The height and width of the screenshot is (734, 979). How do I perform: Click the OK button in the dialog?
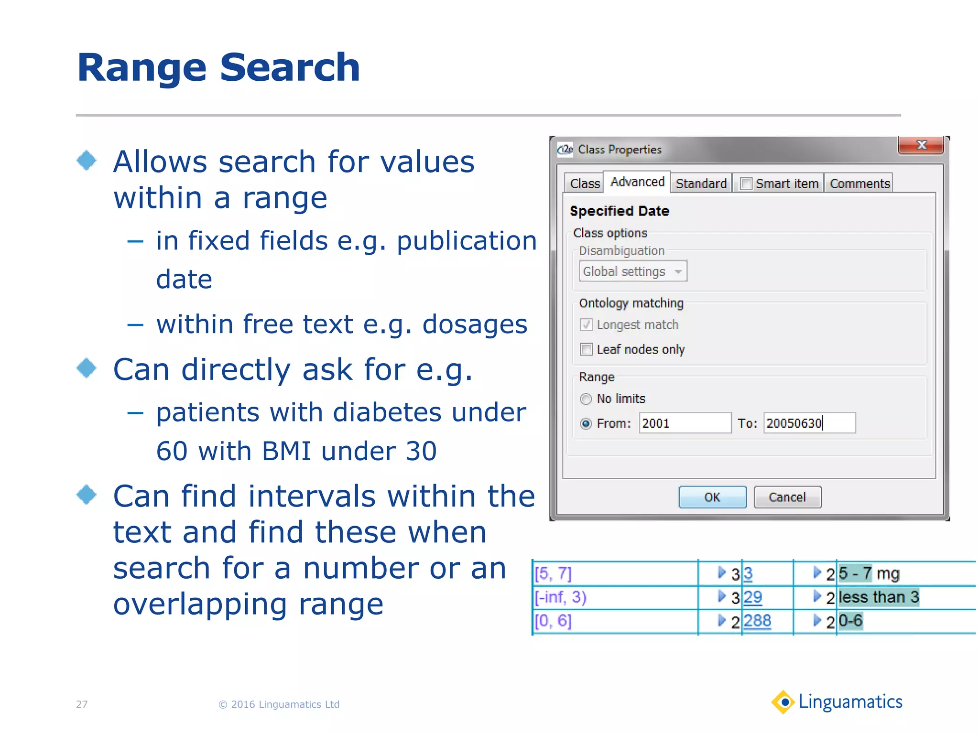[712, 497]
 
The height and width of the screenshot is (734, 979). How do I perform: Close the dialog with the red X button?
[921, 145]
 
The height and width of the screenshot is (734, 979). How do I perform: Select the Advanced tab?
[637, 182]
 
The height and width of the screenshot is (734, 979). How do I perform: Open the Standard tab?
[701, 183]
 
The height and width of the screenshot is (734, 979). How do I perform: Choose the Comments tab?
[859, 183]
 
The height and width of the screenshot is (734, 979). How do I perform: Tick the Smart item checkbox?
[746, 184]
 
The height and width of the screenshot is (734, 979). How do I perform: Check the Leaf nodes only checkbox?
[586, 349]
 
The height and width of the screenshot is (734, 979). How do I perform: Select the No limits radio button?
[586, 399]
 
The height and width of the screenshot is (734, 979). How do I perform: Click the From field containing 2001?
[685, 423]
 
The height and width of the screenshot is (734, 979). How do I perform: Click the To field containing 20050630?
[809, 423]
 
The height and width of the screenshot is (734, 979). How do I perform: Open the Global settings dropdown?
[632, 271]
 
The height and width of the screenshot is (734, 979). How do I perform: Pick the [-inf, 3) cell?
[561, 597]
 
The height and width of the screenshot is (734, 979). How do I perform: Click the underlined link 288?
[757, 621]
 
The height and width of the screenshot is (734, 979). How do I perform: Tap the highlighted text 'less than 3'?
[879, 597]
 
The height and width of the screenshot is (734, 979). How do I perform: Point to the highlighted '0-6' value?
[850, 621]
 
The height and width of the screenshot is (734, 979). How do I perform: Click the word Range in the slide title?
[141, 68]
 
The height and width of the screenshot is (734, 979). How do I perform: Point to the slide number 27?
[82, 704]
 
